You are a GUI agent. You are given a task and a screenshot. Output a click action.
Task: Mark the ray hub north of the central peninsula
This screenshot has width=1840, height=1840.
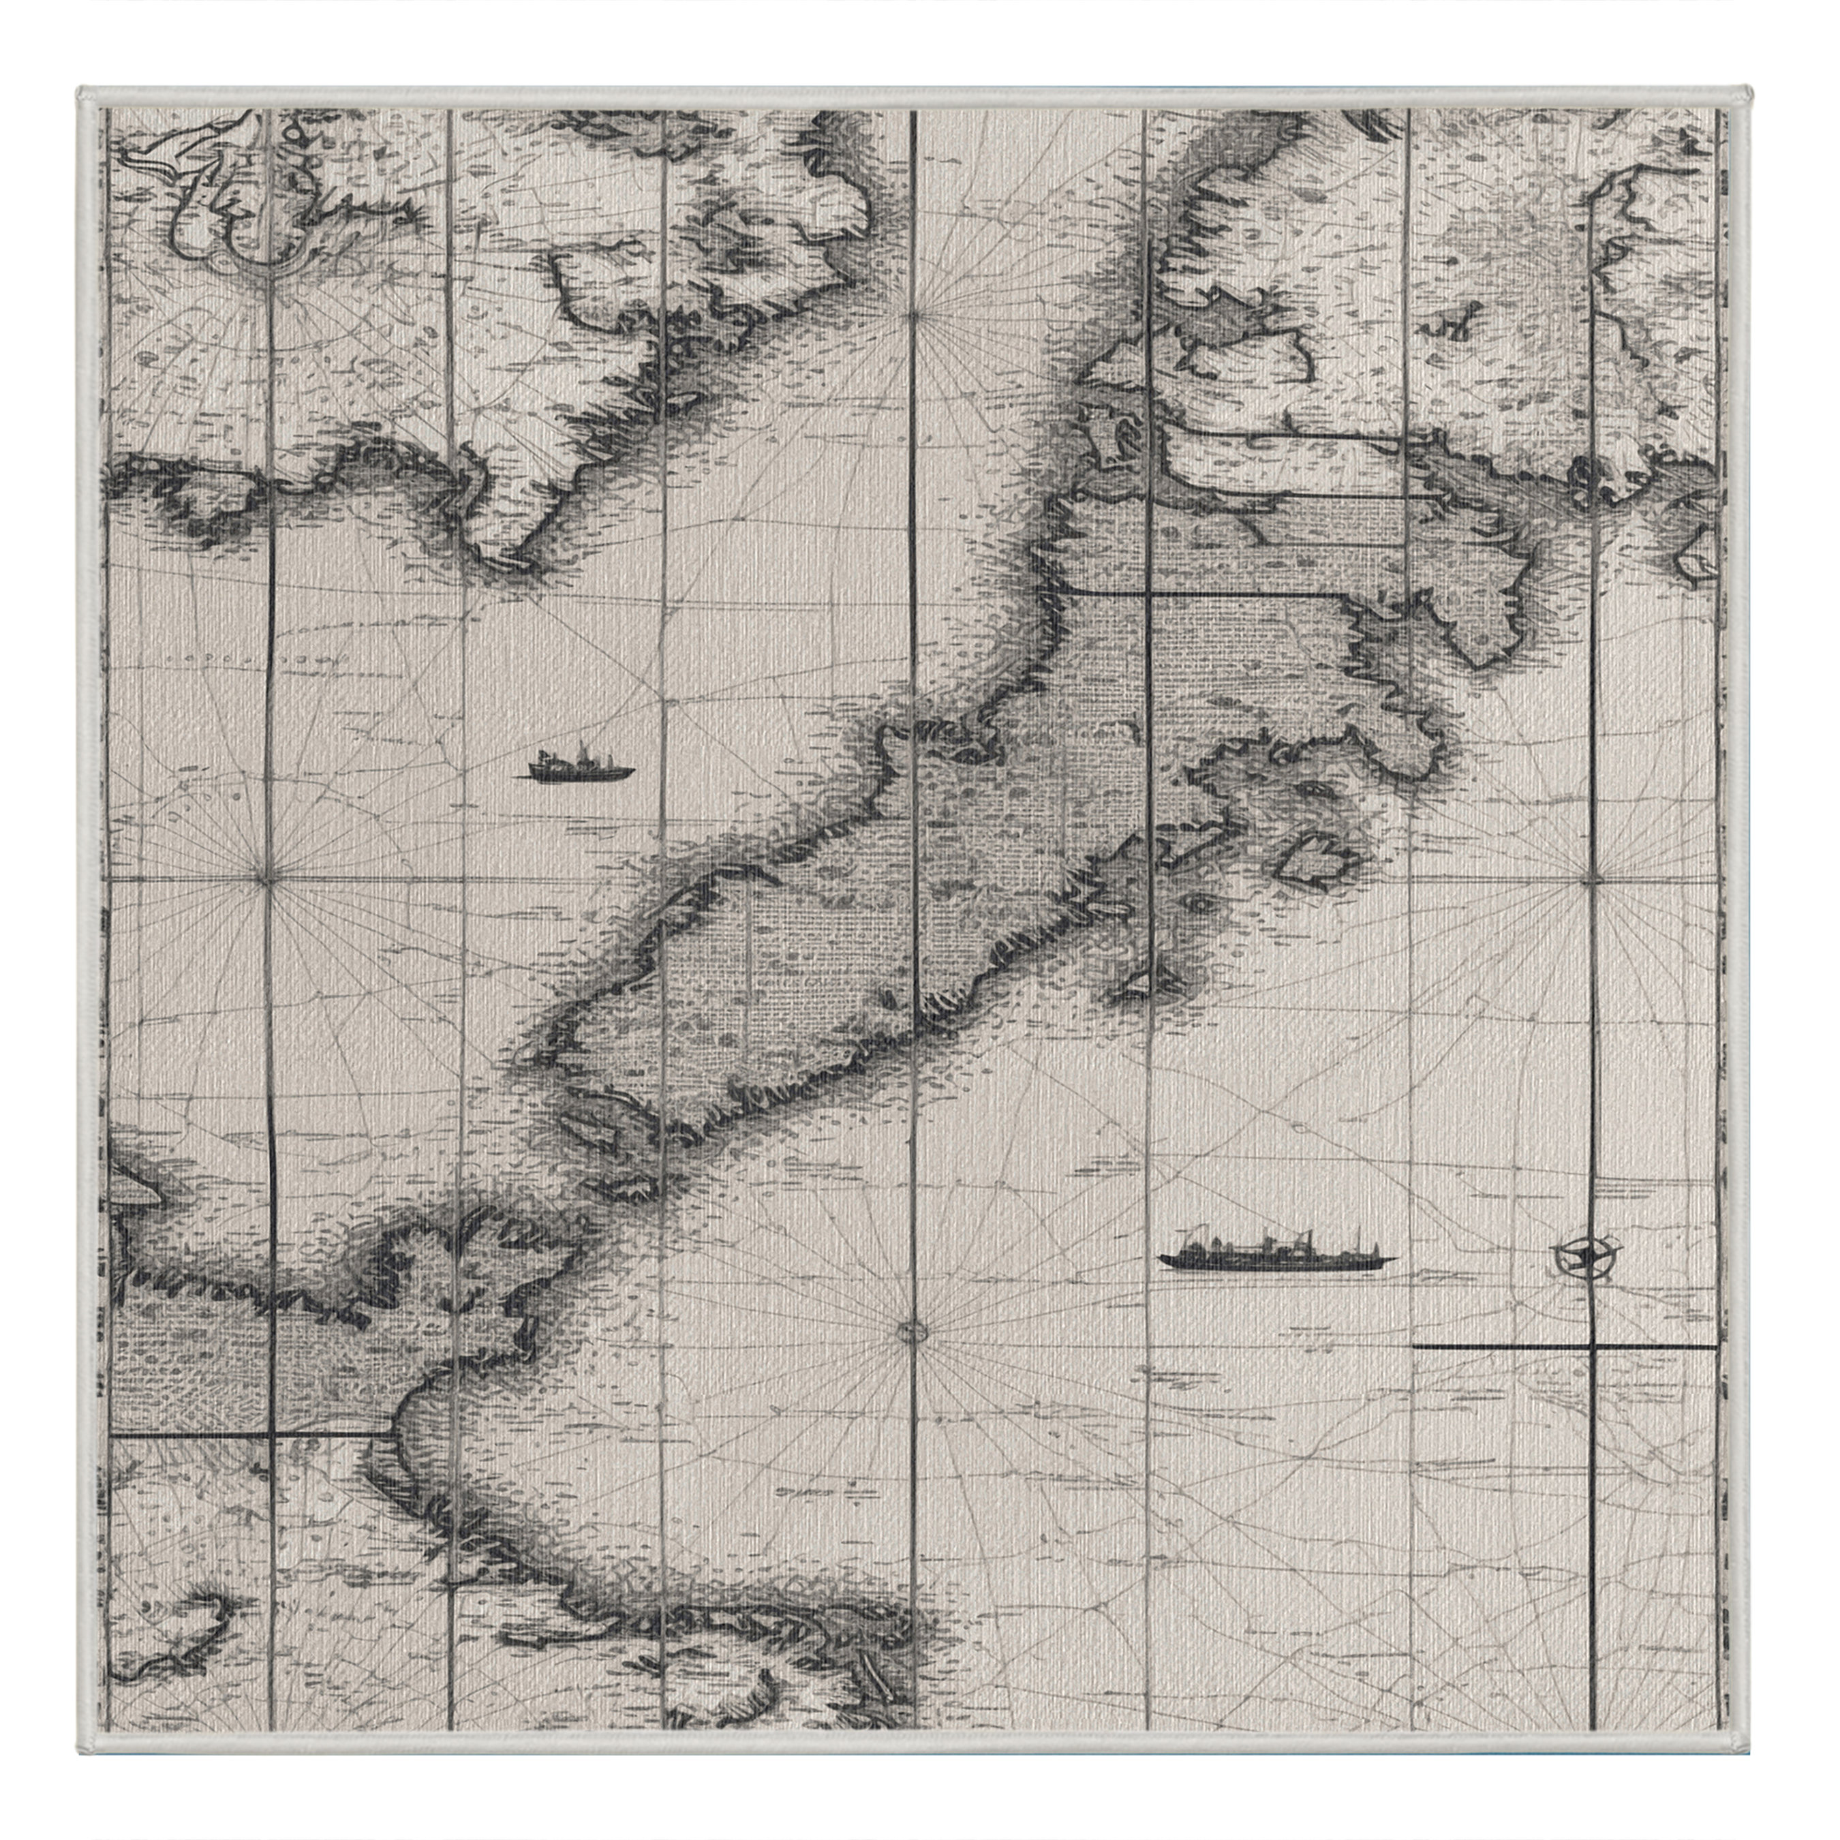[x=913, y=314]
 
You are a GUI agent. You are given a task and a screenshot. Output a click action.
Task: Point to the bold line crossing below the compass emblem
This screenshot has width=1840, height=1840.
[x=1562, y=1347]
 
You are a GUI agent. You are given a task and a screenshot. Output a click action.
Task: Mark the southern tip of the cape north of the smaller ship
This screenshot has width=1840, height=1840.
[x=505, y=562]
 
